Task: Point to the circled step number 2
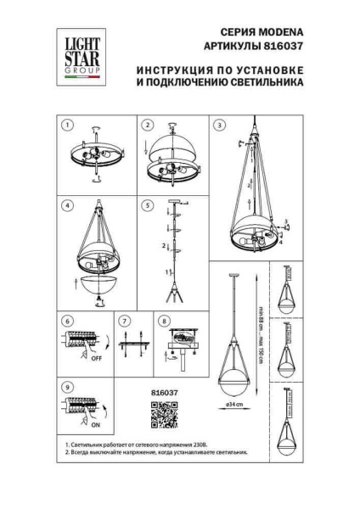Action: [x=147, y=126]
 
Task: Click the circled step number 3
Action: [x=220, y=126]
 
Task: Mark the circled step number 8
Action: [x=164, y=323]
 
